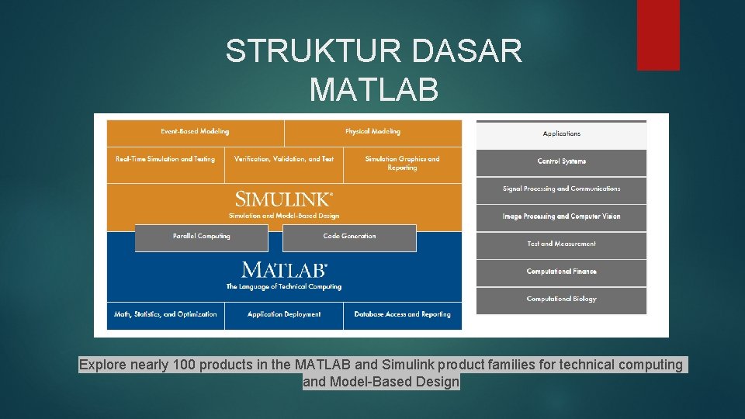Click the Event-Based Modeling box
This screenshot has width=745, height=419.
pyautogui.click(x=195, y=133)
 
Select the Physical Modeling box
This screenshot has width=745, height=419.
pyautogui.click(x=372, y=133)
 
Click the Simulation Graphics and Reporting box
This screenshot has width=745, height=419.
pyautogui.click(x=402, y=164)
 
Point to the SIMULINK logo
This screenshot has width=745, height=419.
pyautogui.click(x=284, y=199)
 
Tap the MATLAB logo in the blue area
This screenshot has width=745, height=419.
pyautogui.click(x=284, y=270)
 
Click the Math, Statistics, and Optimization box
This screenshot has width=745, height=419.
pyautogui.click(x=165, y=315)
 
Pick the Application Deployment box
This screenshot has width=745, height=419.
pyautogui.click(x=284, y=315)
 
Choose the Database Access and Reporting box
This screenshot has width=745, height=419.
pyautogui.click(x=402, y=315)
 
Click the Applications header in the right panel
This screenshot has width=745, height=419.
pyautogui.click(x=561, y=134)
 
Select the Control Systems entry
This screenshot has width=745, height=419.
pyautogui.click(x=561, y=161)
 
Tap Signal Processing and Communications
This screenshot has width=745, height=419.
pyautogui.click(x=561, y=189)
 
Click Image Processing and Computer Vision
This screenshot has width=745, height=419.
pyautogui.click(x=561, y=216)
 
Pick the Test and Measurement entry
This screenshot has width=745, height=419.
pyautogui.click(x=561, y=244)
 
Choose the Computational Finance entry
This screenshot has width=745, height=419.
pyautogui.click(x=561, y=272)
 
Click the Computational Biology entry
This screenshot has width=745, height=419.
pyautogui.click(x=561, y=300)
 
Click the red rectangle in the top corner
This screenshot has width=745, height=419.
pyautogui.click(x=658, y=35)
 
